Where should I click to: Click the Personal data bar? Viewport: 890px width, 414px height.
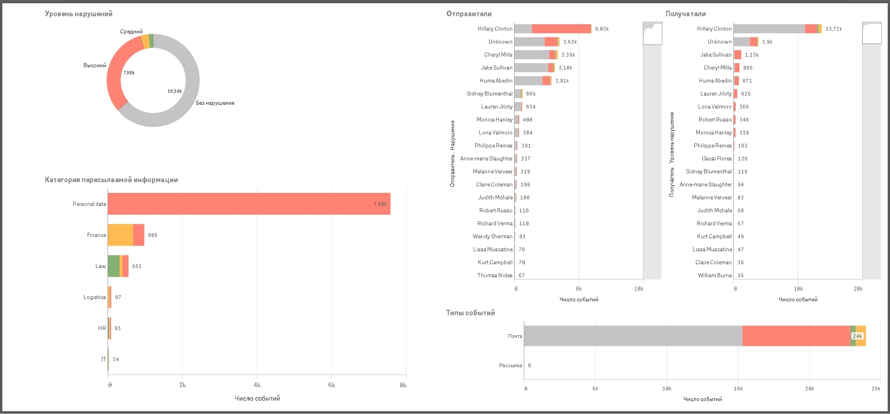click(249, 204)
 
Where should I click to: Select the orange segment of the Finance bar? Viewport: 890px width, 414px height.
click(120, 235)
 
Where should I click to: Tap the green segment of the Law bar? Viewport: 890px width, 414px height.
click(114, 266)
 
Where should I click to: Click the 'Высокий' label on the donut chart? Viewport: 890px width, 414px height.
click(95, 65)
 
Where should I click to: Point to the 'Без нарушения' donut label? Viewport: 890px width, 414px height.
click(215, 103)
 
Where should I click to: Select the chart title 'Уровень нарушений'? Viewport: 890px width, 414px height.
click(79, 14)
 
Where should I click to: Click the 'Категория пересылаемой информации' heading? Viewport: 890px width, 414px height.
click(111, 180)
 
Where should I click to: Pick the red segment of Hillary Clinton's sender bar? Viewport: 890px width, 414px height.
click(561, 29)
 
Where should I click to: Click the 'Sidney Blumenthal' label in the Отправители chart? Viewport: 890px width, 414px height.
click(489, 94)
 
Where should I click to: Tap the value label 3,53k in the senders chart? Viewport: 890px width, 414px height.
click(570, 42)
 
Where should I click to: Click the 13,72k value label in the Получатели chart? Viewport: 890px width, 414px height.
click(834, 29)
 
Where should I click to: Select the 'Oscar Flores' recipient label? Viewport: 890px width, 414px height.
click(717, 159)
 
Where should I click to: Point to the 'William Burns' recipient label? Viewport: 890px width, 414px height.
click(715, 275)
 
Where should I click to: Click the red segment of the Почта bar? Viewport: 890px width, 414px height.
click(796, 336)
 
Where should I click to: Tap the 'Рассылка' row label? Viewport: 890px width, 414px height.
click(510, 365)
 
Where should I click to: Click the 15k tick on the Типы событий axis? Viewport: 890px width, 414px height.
click(738, 389)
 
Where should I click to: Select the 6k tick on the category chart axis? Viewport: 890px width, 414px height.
click(331, 385)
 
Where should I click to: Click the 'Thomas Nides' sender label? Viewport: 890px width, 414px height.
click(495, 275)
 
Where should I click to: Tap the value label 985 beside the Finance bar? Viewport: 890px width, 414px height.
click(153, 235)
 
